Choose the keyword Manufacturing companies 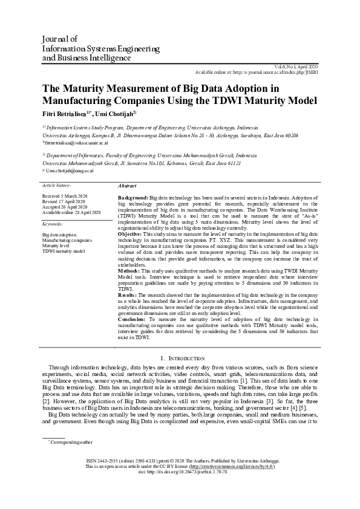tap(68, 240)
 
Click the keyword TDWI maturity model tap(64, 251)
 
